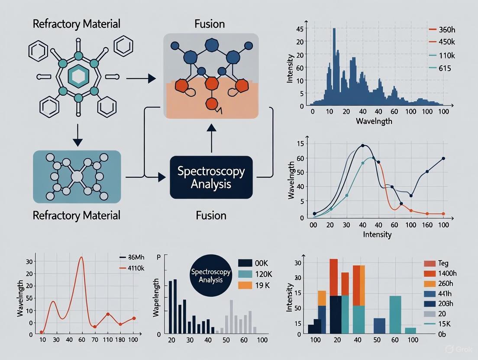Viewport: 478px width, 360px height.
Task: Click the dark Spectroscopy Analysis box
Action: [211, 177]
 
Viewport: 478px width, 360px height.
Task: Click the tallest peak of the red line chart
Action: [81, 257]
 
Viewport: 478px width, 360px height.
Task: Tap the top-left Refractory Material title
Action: [76, 23]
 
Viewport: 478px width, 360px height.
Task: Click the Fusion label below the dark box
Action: [211, 215]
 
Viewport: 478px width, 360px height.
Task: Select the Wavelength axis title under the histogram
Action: [374, 121]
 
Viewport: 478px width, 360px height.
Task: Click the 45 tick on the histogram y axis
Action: [300, 30]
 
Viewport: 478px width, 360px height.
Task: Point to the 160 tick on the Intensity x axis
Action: [427, 225]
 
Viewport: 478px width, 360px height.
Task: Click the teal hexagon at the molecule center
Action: [79, 77]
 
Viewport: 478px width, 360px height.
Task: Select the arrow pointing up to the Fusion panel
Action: [211, 138]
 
